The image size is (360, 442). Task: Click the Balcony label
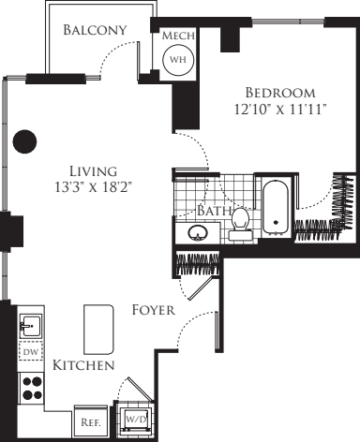pos(95,31)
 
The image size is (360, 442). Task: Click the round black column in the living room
pos(25,142)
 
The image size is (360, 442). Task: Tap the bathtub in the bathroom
pos(276,206)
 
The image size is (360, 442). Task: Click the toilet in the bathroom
pos(241,222)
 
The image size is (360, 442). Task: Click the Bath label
pos(214,212)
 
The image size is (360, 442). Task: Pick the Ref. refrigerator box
pos(91,422)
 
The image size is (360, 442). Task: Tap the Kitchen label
pos(83,364)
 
